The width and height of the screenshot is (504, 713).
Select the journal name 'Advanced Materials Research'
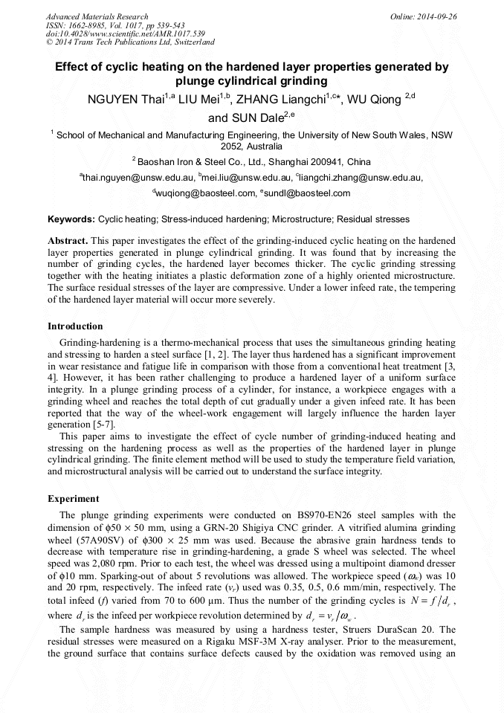(x=97, y=16)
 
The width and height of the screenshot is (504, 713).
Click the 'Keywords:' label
(x=71, y=220)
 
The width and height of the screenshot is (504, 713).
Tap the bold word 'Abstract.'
(x=68, y=241)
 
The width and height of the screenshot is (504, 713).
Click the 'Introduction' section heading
(x=75, y=326)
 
